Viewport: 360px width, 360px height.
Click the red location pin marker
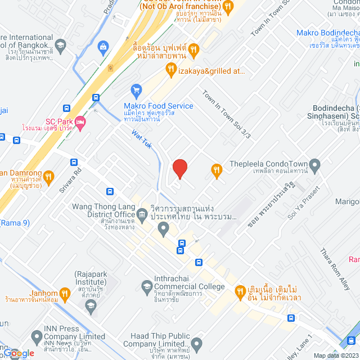tap(179, 169)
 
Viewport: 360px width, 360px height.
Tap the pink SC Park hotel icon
tap(80, 121)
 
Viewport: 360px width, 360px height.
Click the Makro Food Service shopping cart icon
tap(136, 89)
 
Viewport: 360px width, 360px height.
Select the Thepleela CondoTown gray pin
tap(315, 165)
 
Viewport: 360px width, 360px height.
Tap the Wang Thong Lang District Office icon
tap(143, 214)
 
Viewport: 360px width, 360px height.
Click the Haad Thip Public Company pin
tap(196, 343)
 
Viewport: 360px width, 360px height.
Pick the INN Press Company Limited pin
tap(37, 337)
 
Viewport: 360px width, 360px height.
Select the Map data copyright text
tap(335, 355)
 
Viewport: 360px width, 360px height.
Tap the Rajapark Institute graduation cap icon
tap(90, 305)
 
